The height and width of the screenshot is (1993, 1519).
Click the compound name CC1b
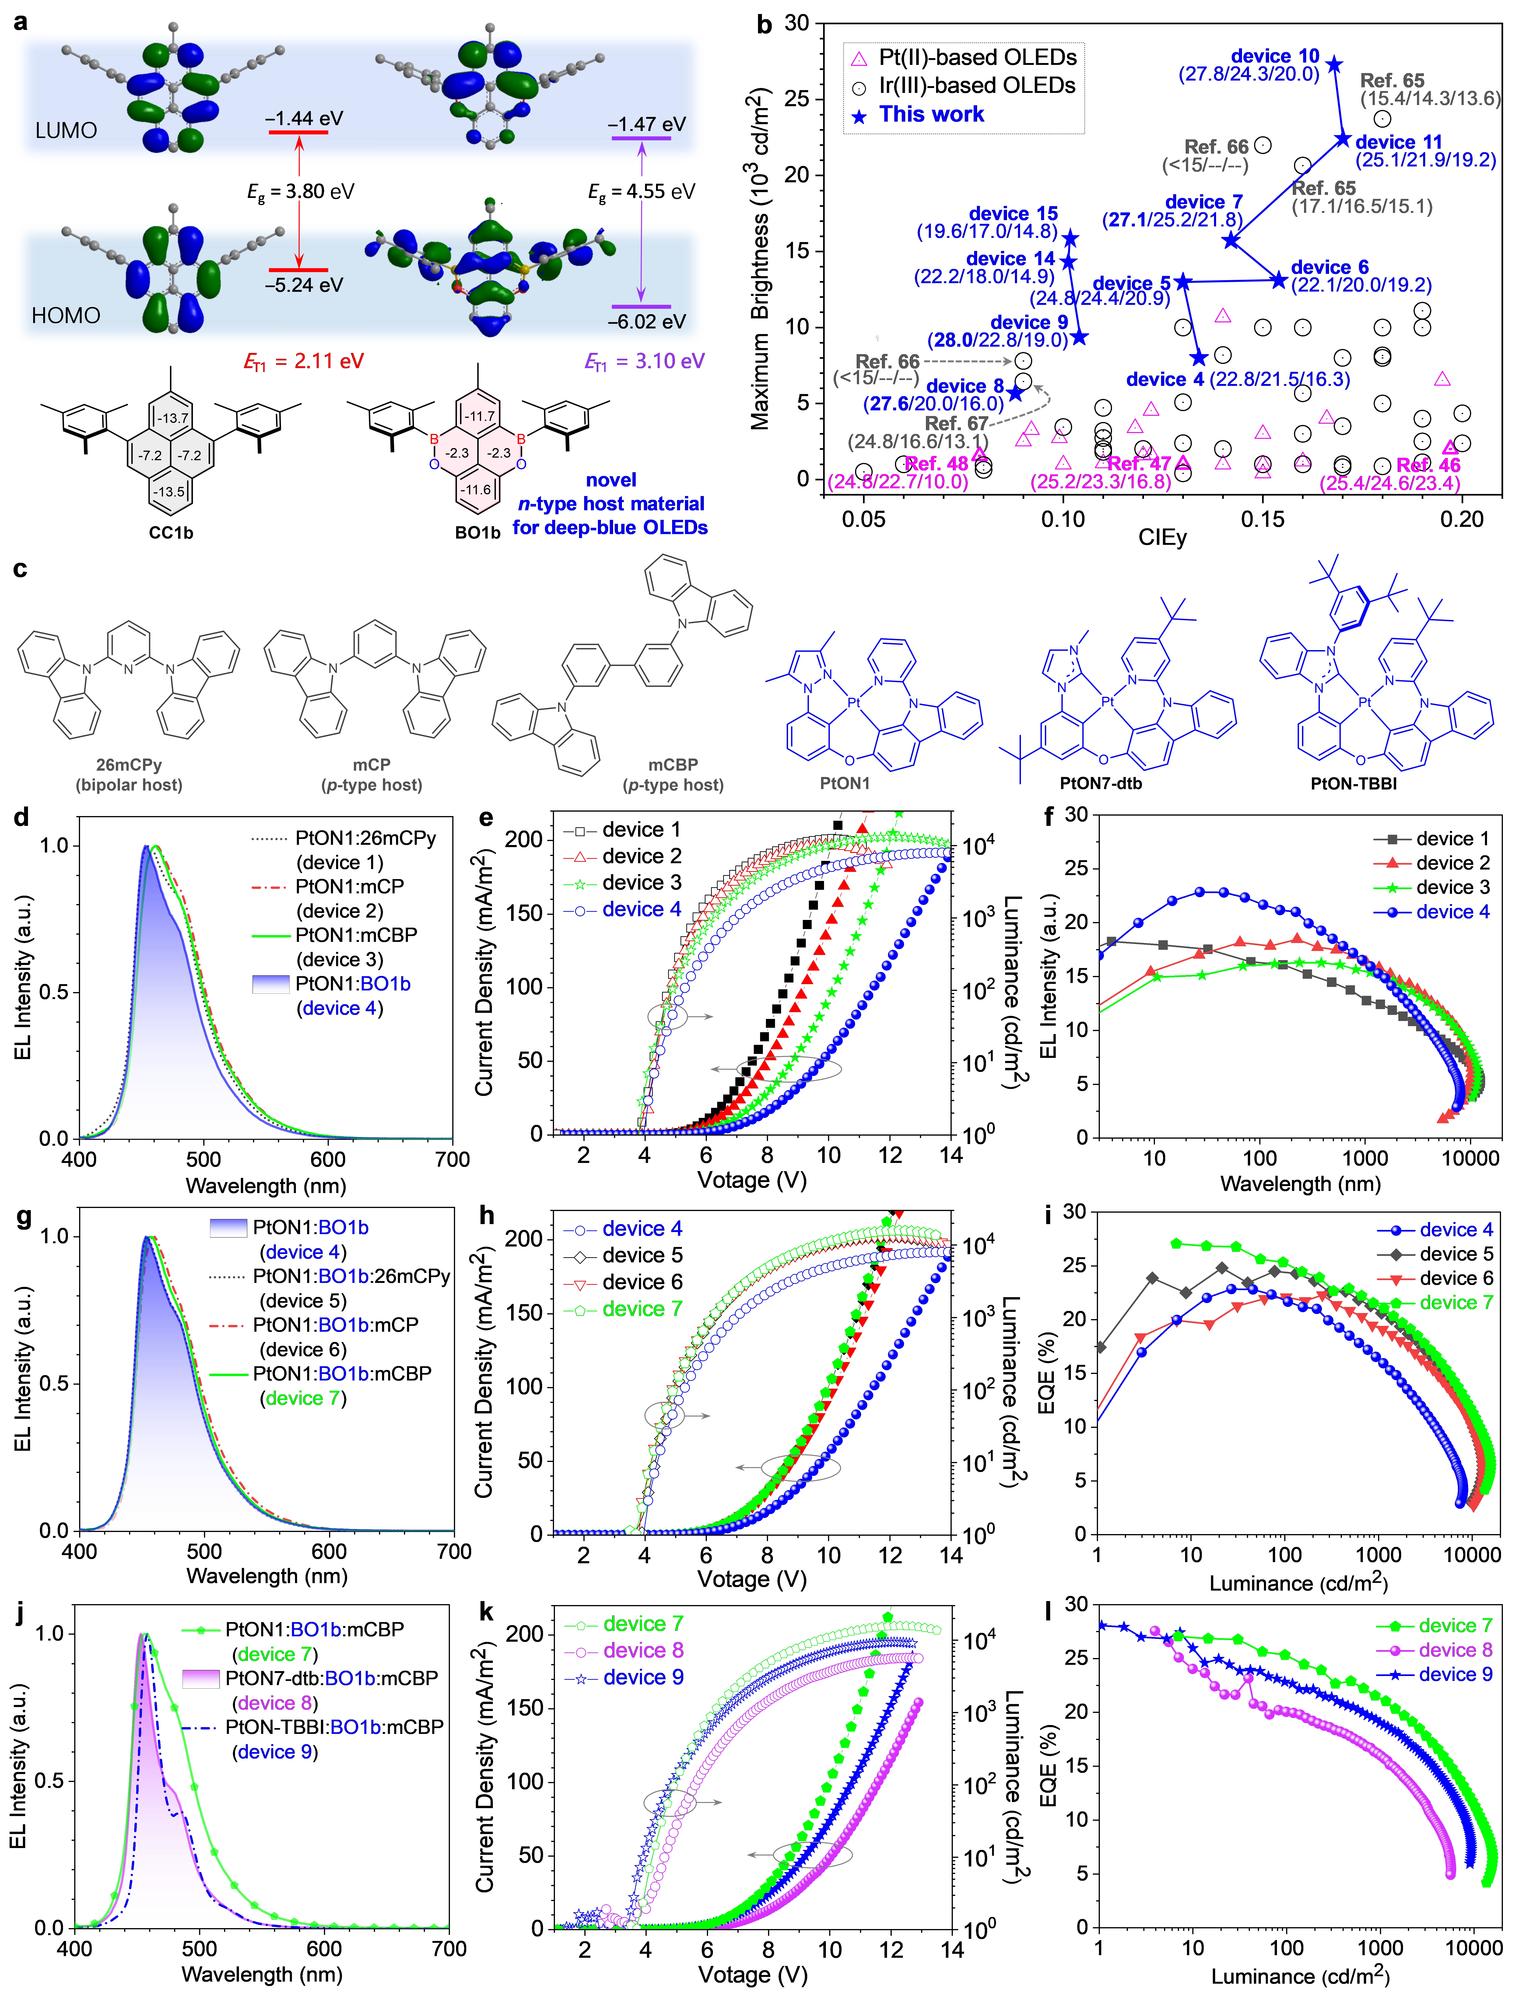171,533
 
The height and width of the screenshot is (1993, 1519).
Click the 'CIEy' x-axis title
1162,538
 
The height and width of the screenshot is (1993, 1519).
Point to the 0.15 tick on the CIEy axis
1262,520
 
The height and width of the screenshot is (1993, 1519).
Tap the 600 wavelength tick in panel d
328,1159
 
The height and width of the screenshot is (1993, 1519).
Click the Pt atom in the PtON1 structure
853,702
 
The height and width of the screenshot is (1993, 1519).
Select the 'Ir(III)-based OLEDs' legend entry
976,86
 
